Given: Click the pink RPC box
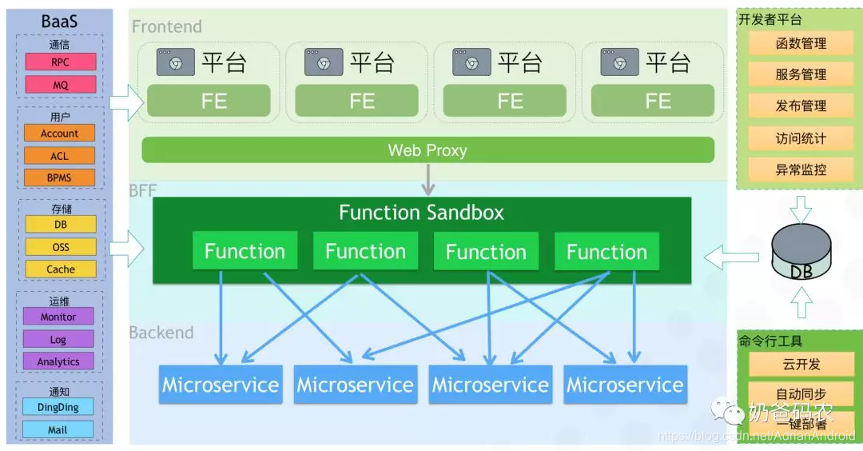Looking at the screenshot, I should (60, 62).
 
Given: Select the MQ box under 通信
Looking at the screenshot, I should (60, 84).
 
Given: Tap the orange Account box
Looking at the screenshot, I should (60, 134).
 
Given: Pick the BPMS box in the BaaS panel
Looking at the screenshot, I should (60, 178).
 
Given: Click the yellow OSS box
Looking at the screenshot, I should (61, 247).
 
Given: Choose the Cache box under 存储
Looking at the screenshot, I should (61, 269).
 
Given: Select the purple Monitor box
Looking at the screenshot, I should (58, 317).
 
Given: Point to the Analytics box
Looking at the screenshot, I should (58, 361).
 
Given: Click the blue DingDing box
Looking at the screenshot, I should (58, 407).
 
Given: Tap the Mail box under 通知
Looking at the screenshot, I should (58, 429).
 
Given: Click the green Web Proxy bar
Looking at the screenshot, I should (428, 150).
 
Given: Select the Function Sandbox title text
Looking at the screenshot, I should (421, 213).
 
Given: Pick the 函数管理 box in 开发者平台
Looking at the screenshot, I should (801, 44).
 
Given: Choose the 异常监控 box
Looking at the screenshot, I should (801, 170).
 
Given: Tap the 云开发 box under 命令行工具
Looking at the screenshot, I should (801, 365).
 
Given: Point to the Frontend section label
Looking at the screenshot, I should (167, 26).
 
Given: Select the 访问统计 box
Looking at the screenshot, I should (801, 138).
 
